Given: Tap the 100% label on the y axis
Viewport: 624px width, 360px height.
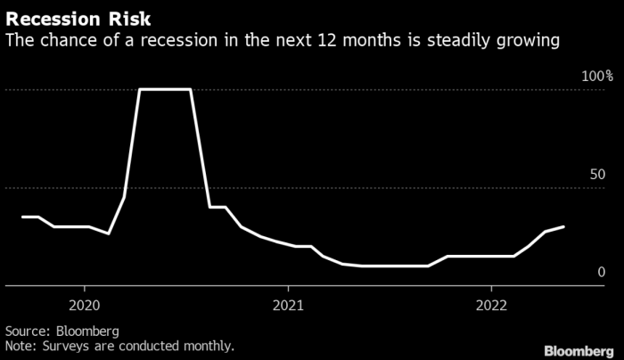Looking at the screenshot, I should click(x=597, y=78).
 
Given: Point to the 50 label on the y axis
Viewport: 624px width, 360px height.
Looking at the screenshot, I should click(x=597, y=175).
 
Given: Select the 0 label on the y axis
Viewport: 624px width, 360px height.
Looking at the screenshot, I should click(x=602, y=273).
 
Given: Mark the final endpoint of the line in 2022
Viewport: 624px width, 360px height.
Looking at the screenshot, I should click(x=563, y=226).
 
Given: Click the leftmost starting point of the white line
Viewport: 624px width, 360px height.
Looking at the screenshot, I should click(x=22, y=217).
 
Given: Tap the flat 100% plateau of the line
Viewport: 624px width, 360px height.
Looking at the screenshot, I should click(x=166, y=89).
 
